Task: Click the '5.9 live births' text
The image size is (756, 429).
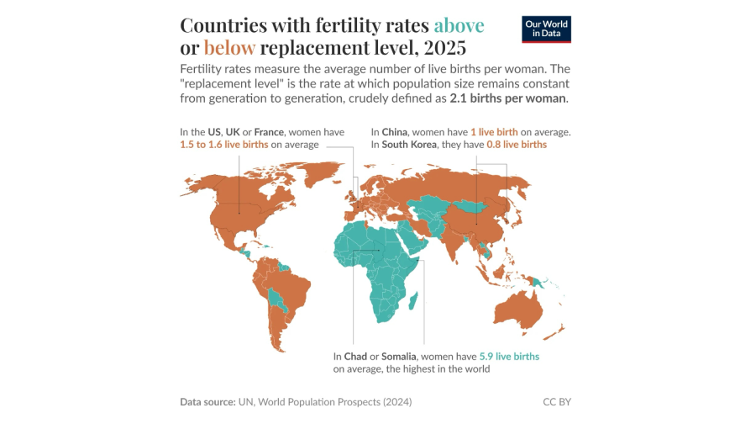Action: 509,356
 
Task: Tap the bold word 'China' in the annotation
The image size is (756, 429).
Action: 395,132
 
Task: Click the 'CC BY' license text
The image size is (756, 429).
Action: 557,402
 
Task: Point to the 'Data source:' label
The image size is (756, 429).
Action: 207,402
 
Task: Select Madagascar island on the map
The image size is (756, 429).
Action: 414,299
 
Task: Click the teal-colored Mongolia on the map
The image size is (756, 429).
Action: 470,204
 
